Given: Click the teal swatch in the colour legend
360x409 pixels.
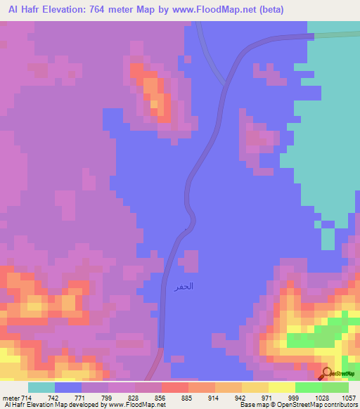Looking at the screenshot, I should pyautogui.click(x=41, y=387).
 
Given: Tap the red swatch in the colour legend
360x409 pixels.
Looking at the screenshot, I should pyautogui.click(x=175, y=387).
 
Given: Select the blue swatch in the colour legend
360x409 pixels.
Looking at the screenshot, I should pyautogui.click(x=68, y=387).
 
